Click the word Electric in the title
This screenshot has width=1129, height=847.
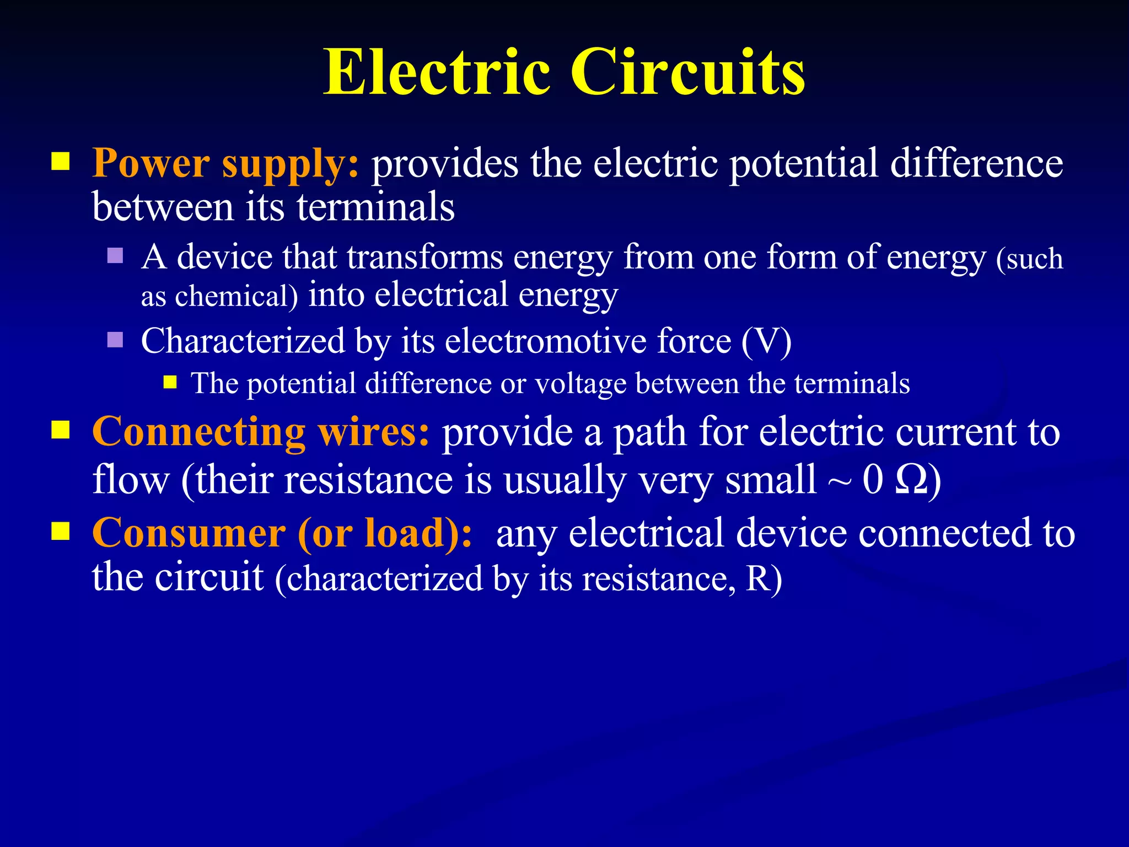[x=437, y=73]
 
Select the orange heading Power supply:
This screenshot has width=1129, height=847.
[x=225, y=163]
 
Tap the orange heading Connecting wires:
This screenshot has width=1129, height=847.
[x=260, y=432]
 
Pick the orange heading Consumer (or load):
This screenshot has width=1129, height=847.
[x=282, y=533]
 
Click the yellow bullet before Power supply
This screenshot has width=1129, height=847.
[x=61, y=162]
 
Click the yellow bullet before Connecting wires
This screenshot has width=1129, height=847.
[x=61, y=430]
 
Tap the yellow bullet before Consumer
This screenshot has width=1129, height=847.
[x=61, y=531]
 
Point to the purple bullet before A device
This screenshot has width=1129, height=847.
[x=115, y=255]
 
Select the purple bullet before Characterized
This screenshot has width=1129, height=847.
[x=115, y=339]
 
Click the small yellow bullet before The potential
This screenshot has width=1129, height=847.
[x=170, y=382]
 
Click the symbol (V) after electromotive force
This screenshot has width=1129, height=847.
[x=766, y=341]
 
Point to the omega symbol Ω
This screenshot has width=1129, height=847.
[x=911, y=480]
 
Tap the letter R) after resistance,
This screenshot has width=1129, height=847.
[x=764, y=579]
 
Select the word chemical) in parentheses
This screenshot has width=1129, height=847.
[x=236, y=297]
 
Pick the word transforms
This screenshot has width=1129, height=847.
[x=424, y=258]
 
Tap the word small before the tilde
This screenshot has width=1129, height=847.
[x=770, y=480]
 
